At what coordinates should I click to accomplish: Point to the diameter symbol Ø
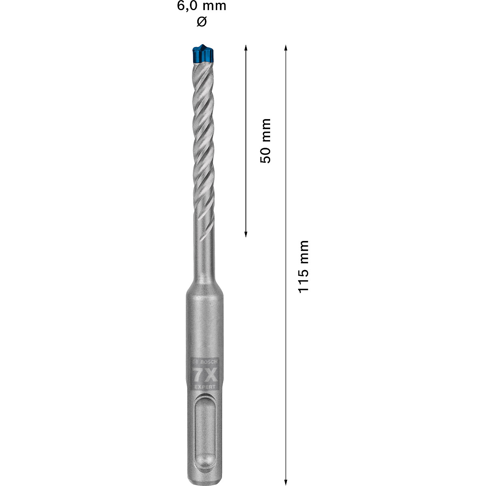(202, 21)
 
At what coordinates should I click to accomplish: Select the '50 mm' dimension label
(266, 141)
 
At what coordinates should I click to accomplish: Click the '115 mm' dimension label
(303, 266)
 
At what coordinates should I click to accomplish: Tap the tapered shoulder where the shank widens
(203, 286)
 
